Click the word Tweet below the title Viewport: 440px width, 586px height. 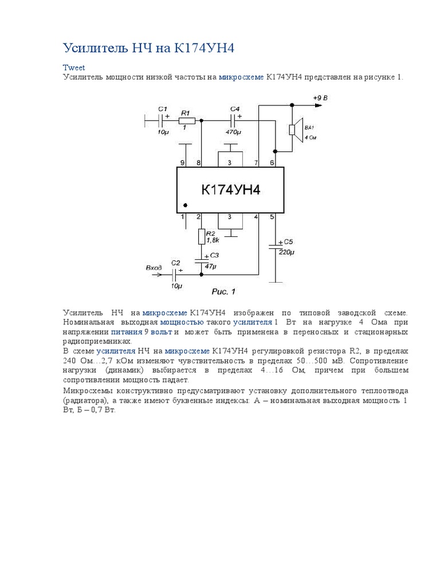tap(73, 68)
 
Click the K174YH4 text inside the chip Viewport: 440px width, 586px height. tap(230, 189)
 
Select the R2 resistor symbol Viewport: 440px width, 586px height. tap(201, 236)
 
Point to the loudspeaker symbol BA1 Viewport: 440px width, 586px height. tap(294, 130)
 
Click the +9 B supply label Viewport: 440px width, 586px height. tap(320, 98)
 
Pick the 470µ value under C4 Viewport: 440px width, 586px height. tap(232, 132)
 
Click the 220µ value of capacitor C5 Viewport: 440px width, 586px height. tap(286, 252)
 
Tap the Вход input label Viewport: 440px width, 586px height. tap(154, 267)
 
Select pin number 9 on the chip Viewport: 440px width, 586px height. tap(183, 163)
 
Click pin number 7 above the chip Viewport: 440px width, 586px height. tap(256, 163)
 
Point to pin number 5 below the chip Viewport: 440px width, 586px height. tap(272, 217)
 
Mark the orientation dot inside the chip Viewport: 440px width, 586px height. tap(185, 204)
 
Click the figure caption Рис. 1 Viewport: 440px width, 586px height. tap(223, 291)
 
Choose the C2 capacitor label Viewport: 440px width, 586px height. tap(176, 263)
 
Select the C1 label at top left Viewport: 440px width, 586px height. tap(162, 109)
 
